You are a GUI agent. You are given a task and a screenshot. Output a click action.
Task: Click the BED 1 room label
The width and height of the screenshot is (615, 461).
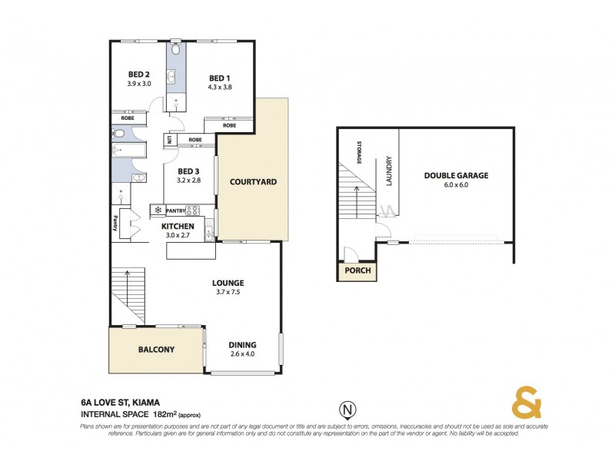tap(219, 78)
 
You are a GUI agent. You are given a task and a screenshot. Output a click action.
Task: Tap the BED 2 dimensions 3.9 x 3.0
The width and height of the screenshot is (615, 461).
tap(138, 84)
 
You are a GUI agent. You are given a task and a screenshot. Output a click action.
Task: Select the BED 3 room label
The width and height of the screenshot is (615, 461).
tap(189, 171)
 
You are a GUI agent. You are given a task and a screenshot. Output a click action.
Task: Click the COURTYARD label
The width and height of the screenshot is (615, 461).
tap(253, 182)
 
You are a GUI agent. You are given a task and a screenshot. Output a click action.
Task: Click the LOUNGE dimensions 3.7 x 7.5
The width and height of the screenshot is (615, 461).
tap(229, 292)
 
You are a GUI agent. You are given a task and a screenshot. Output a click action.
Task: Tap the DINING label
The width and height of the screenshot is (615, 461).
tap(242, 345)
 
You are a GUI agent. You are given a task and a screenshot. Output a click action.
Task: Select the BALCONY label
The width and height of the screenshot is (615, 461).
tap(156, 350)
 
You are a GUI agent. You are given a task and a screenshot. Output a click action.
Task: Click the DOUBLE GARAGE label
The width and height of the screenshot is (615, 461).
tap(456, 175)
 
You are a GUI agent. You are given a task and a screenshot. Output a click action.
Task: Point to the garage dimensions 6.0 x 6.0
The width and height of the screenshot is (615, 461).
tap(456, 184)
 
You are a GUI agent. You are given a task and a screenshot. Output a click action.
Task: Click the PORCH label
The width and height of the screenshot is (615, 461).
tap(357, 271)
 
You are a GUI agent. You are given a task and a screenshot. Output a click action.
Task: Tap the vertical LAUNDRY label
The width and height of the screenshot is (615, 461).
tap(390, 171)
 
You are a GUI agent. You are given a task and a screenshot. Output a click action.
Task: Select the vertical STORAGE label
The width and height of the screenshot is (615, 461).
tap(359, 152)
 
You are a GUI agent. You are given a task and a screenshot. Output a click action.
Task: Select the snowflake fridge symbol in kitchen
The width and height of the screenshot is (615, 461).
tap(158, 209)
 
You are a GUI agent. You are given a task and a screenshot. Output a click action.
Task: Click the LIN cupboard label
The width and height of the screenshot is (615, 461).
tap(168, 141)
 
